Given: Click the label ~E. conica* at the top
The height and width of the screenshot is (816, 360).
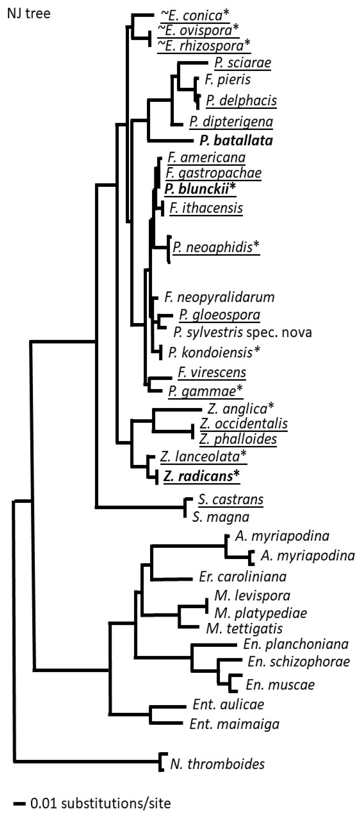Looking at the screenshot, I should [x=193, y=15].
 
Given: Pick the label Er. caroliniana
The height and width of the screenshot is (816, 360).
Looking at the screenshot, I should [x=243, y=576].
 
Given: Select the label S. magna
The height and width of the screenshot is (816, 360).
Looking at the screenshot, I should [x=221, y=517].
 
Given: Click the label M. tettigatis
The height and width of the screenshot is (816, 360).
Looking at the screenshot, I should [x=244, y=629].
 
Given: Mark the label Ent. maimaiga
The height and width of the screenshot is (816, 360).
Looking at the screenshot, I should [x=234, y=724].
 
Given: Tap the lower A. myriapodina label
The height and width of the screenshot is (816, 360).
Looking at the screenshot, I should [x=307, y=556].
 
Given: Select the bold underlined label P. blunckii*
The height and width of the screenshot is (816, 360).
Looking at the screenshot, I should [x=200, y=189].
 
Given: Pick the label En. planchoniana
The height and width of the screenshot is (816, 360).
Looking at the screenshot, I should [x=296, y=644].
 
